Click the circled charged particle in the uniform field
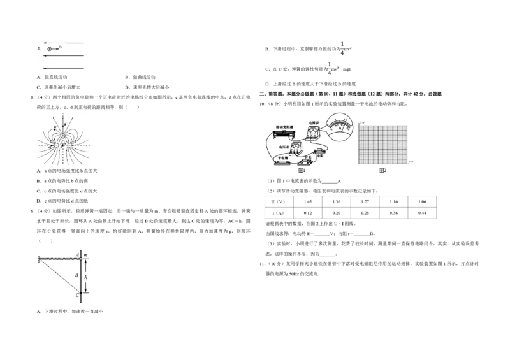(50, 48)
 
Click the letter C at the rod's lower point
(76, 294)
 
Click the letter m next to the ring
(86, 254)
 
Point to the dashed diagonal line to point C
(59, 276)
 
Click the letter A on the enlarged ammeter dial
(342, 127)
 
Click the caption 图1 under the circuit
(303, 170)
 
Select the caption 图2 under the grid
(382, 170)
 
